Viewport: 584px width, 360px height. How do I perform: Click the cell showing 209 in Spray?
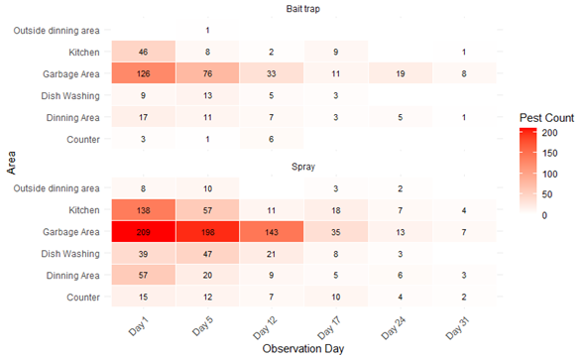pos(144,232)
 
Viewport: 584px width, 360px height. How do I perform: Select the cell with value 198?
pos(207,232)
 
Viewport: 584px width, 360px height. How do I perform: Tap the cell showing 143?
pos(272,232)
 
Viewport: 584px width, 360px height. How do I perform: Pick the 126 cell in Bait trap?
pos(144,73)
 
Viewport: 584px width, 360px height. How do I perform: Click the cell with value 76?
pos(207,73)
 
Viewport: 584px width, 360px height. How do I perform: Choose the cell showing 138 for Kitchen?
pos(144,210)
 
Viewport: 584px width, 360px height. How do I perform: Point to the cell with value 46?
pos(144,52)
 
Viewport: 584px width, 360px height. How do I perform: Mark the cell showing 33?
pos(272,73)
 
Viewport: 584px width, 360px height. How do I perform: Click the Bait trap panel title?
pos(303,9)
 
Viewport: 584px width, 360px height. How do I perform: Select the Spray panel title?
pos(303,167)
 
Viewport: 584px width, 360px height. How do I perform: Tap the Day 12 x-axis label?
pos(266,327)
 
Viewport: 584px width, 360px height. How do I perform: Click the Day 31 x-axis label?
pos(458,327)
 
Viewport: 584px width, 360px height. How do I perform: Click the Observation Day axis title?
pos(303,348)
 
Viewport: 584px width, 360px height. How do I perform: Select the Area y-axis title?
pos(11,163)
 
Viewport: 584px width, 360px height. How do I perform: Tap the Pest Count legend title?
pos(546,118)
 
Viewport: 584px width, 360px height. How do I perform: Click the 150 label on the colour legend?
pos(549,153)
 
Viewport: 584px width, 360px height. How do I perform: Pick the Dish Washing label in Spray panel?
pos(70,254)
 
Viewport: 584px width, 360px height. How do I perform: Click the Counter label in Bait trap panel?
pos(83,140)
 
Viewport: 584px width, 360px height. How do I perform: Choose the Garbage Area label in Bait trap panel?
pos(71,74)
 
